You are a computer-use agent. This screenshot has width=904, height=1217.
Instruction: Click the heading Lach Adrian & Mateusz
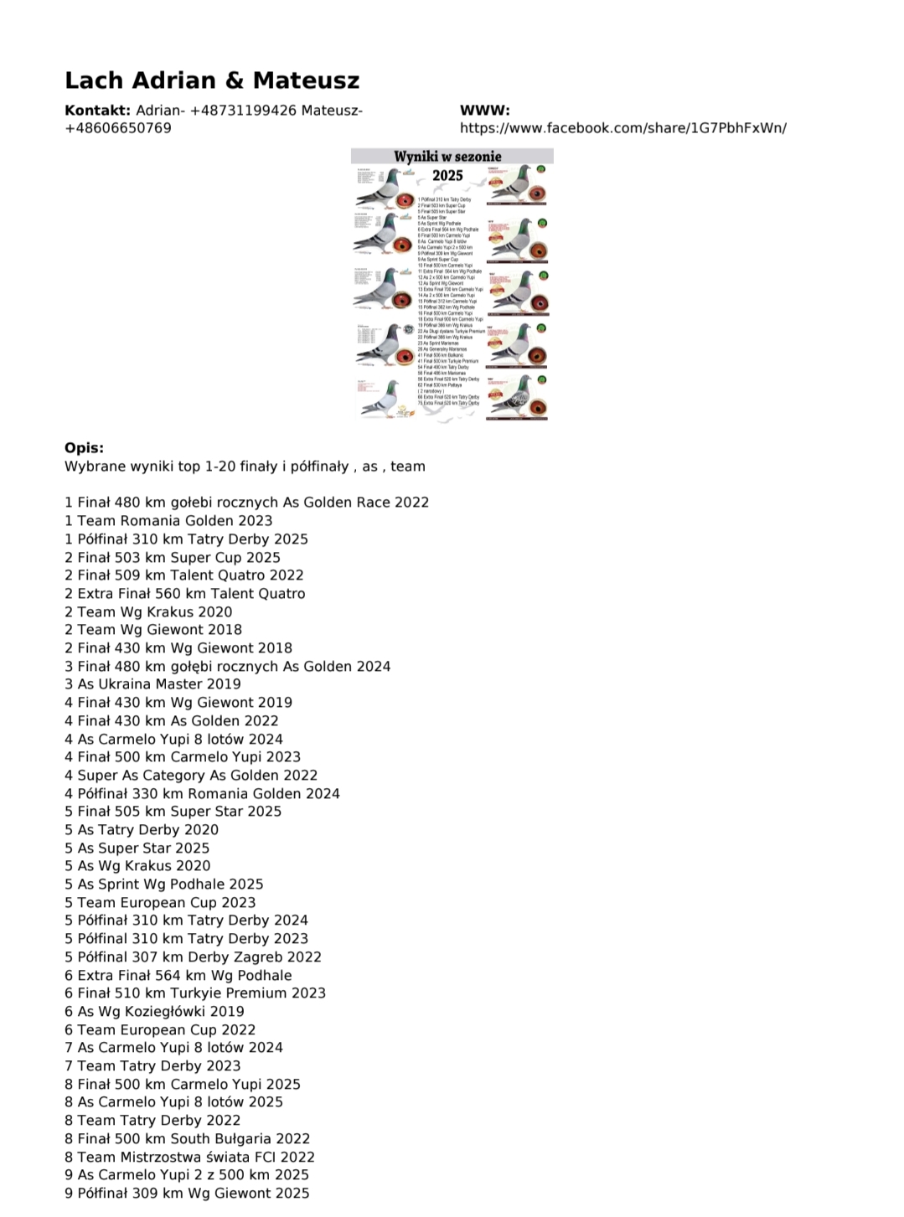[212, 80]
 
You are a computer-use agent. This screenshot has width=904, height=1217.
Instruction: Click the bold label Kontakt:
[97, 111]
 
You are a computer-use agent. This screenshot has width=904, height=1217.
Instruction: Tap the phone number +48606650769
[118, 128]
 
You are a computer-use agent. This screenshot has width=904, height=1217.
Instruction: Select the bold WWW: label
[484, 111]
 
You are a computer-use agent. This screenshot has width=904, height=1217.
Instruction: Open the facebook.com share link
[622, 128]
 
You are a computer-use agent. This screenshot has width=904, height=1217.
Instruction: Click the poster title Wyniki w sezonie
[448, 156]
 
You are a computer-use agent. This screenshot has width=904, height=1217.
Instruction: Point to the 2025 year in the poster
[447, 175]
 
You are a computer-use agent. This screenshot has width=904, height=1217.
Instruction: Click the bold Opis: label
[84, 448]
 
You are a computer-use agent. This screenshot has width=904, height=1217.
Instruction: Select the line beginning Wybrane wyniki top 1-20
[245, 467]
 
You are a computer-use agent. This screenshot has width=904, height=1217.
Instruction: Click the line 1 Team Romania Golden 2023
[168, 521]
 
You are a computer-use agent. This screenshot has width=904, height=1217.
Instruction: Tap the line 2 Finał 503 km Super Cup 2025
[173, 558]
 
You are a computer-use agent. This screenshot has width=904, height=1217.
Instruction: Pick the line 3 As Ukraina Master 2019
[152, 684]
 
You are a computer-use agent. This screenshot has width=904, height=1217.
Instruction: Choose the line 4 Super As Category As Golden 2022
[191, 776]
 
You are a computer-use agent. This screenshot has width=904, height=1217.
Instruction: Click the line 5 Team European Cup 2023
[160, 903]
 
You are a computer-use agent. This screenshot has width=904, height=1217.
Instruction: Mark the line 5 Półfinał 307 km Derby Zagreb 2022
[193, 957]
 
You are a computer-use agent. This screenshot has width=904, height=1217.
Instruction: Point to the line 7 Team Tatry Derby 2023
[152, 1066]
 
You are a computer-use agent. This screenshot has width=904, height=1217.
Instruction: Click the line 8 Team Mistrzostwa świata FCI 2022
[189, 1158]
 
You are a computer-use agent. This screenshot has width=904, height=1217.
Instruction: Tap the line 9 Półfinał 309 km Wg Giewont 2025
[187, 1194]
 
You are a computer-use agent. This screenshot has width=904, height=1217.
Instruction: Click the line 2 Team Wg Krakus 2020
[148, 612]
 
